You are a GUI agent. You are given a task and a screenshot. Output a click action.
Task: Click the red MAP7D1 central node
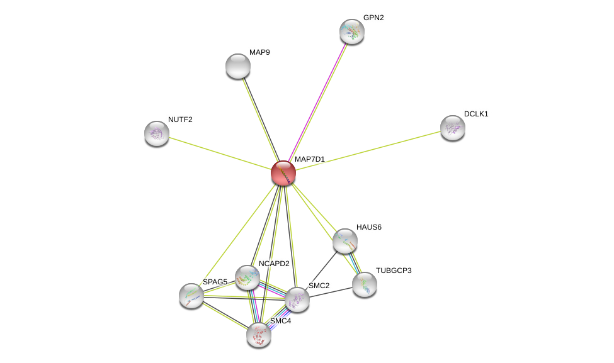pyautogui.click(x=283, y=173)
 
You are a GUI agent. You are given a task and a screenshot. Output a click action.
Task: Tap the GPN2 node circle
pyautogui.click(x=352, y=31)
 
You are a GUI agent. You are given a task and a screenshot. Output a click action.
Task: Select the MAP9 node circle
pyautogui.click(x=238, y=66)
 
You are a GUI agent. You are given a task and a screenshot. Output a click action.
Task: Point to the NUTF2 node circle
pyautogui.click(x=157, y=133)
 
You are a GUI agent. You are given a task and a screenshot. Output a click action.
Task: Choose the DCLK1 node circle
pyautogui.click(x=453, y=128)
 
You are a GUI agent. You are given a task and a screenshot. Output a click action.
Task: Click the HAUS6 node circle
pyautogui.click(x=345, y=241)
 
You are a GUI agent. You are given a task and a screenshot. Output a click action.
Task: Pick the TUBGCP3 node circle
pyautogui.click(x=365, y=284)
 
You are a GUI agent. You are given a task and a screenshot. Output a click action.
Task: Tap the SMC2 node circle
pyautogui.click(x=297, y=299)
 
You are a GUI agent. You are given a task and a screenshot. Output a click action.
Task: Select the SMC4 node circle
pyautogui.click(x=259, y=335)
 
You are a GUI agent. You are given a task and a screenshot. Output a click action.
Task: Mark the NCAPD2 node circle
pyautogui.click(x=247, y=277)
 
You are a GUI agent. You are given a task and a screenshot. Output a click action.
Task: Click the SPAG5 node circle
pyautogui.click(x=191, y=296)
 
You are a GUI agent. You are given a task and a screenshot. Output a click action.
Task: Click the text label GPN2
pyautogui.click(x=373, y=18)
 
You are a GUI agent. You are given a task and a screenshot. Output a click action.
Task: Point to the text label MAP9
pyautogui.click(x=259, y=52)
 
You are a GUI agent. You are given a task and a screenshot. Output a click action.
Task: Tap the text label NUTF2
pyautogui.click(x=180, y=120)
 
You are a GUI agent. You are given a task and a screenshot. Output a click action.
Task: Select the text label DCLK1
pyautogui.click(x=476, y=114)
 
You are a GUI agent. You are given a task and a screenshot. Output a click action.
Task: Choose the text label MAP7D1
pyautogui.click(x=310, y=159)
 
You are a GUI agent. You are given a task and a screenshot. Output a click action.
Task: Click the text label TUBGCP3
pyautogui.click(x=394, y=271)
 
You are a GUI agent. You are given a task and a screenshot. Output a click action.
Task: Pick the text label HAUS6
pyautogui.click(x=369, y=227)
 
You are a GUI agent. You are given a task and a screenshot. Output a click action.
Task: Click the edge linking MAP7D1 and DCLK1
pyautogui.click(x=368, y=150)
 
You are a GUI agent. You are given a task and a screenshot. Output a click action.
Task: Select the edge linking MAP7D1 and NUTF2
pyautogui.click(x=220, y=154)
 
